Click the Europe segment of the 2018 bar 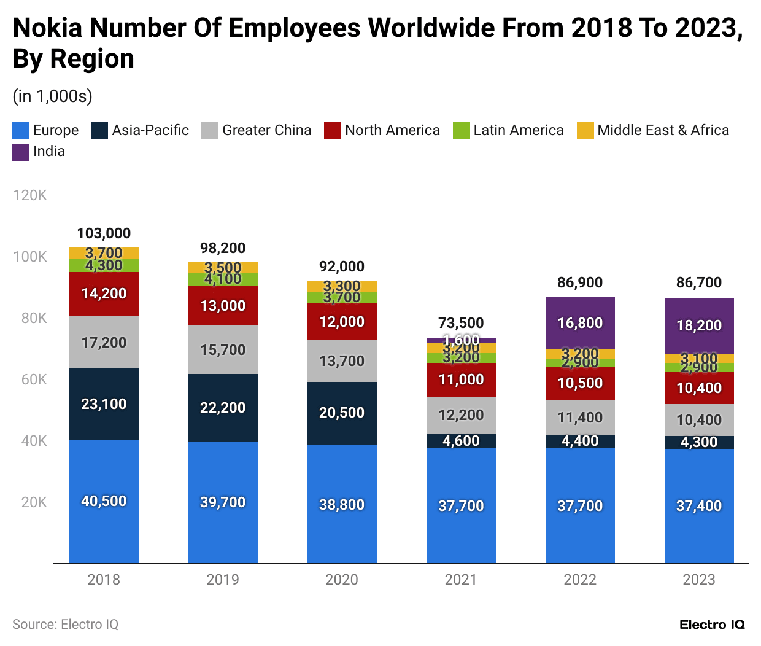click(x=104, y=501)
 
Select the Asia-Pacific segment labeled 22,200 click(x=222, y=408)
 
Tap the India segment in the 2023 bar click(x=698, y=325)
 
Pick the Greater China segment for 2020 click(x=341, y=361)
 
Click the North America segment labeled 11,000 click(x=460, y=379)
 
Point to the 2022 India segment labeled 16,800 click(x=579, y=323)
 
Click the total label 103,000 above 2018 click(x=104, y=233)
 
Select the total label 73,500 click(x=460, y=323)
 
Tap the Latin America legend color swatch click(x=461, y=130)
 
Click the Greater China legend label click(x=266, y=130)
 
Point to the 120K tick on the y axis click(x=29, y=195)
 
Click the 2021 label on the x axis click(x=460, y=580)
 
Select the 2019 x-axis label click(x=222, y=580)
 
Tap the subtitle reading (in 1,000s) click(x=52, y=96)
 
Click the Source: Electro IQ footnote click(x=65, y=625)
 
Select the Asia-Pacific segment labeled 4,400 click(x=579, y=441)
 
